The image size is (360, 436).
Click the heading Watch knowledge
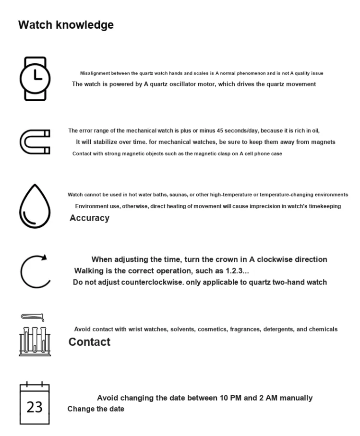[x=66, y=25]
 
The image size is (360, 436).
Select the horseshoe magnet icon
[x=35, y=141]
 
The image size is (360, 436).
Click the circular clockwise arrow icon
[x=35, y=271]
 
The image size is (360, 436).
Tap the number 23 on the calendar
[x=35, y=407]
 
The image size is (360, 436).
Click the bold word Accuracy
[x=89, y=218]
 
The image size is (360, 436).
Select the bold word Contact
[x=89, y=342]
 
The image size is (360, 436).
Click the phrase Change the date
[x=96, y=409]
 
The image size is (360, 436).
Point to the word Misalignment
[x=95, y=73]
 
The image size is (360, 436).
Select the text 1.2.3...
[x=237, y=271]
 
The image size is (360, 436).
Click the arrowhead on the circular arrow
[x=44, y=257]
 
